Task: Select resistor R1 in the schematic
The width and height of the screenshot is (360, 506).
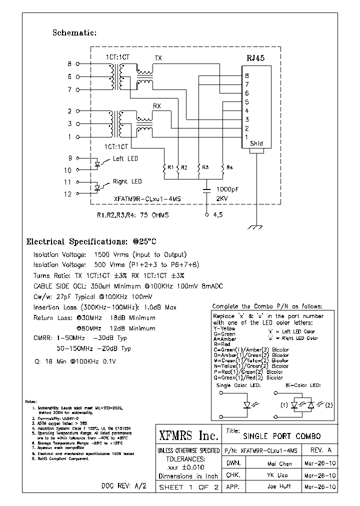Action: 164,170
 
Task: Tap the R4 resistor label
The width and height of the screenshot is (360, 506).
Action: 229,167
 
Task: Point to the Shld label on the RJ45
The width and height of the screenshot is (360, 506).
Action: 255,144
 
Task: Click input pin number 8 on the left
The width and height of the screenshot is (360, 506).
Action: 69,64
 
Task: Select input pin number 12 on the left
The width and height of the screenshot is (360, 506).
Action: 68,194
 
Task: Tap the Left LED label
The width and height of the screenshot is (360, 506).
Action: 125,158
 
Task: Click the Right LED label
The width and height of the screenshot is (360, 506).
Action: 127,181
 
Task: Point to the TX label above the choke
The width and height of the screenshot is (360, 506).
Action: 158,58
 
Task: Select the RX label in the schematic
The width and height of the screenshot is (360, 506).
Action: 156,106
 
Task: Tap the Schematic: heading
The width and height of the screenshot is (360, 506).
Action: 74,33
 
